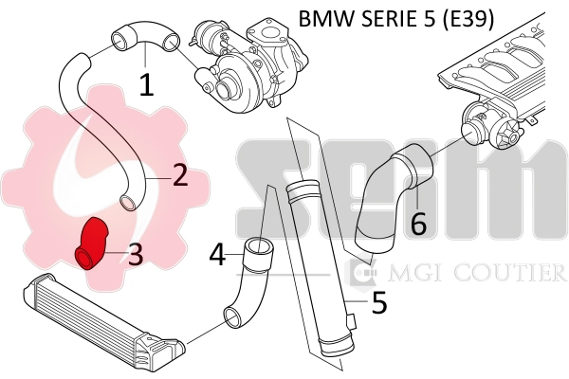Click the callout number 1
pos(146,86)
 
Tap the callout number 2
pos(179,174)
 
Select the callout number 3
pos(135,254)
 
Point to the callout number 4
pos(218,254)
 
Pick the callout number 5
pos(378,302)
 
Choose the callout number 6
pos(417,224)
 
